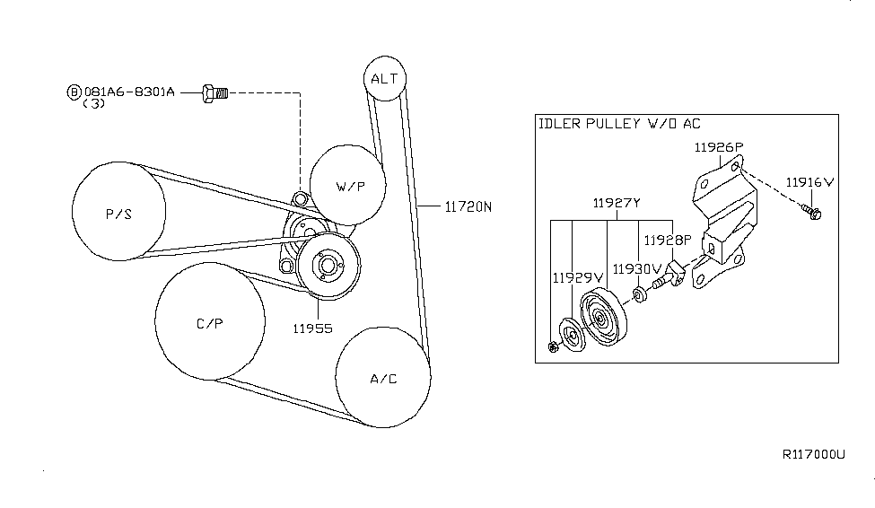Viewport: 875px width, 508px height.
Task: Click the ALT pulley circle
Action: (x=383, y=78)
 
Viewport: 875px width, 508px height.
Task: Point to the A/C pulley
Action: (x=383, y=377)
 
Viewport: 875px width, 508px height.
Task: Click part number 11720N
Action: (x=468, y=206)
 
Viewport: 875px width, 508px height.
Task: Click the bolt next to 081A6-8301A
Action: (x=215, y=92)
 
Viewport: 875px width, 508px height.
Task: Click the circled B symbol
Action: (x=74, y=92)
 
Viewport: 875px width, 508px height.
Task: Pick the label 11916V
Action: (x=809, y=181)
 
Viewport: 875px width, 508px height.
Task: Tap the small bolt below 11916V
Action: (x=813, y=213)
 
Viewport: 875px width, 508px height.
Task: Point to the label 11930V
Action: (x=636, y=267)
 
